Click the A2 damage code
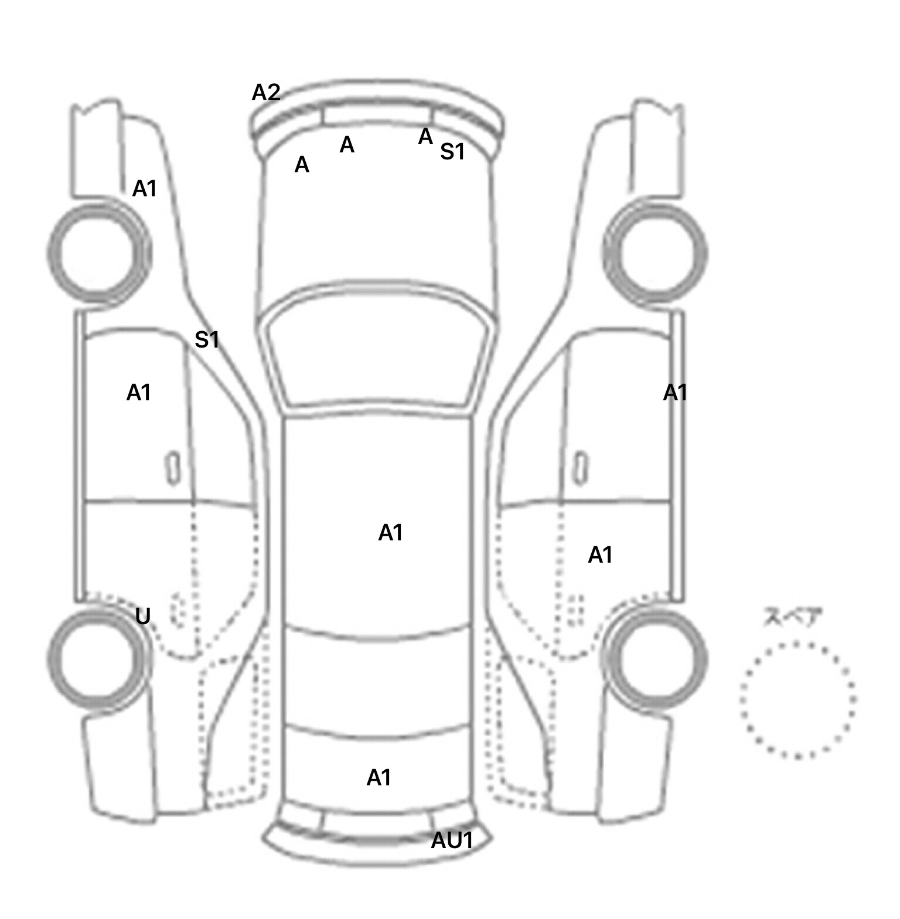[x=266, y=93]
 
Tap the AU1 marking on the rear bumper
[x=452, y=840]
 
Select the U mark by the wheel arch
[x=143, y=616]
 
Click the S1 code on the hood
[x=452, y=152]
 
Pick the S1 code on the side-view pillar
[x=207, y=339]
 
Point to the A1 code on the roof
[x=390, y=533]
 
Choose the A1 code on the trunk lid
[x=379, y=778]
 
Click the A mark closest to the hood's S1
[x=425, y=137]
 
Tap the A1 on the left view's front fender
[x=145, y=189]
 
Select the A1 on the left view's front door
[x=139, y=393]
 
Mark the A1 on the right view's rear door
[x=600, y=554]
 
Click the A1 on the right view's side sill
[x=675, y=393]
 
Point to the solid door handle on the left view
[x=173, y=468]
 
